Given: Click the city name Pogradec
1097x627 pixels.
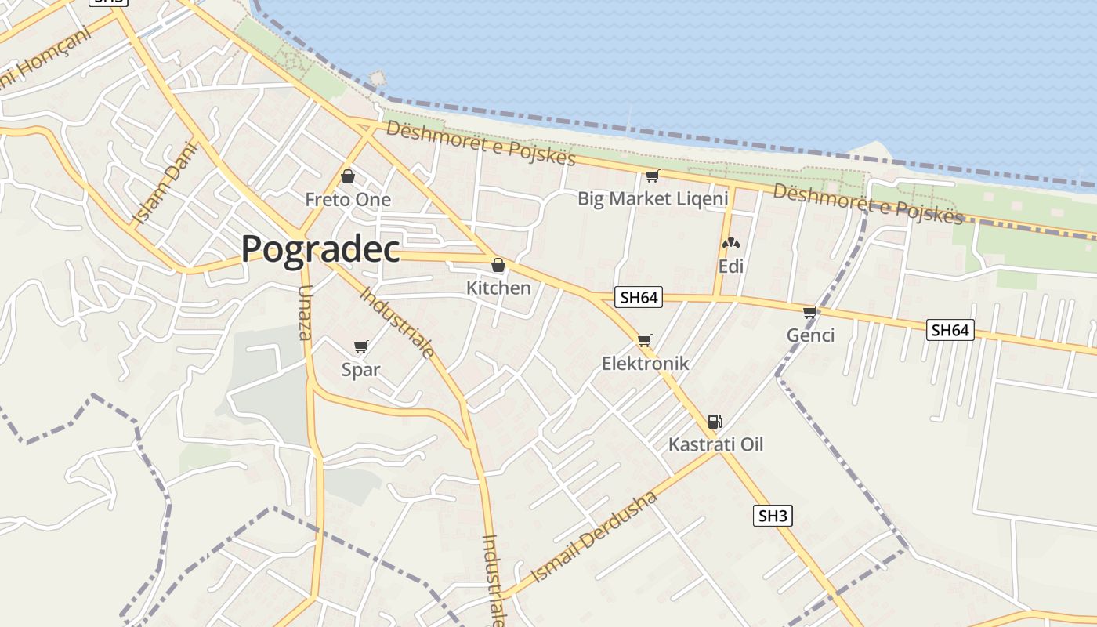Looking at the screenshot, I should click(320, 249).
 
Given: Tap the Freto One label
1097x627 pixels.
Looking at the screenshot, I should click(348, 200).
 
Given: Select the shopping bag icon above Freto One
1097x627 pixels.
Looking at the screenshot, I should click(348, 176).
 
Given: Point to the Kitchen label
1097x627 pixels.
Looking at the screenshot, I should click(498, 288).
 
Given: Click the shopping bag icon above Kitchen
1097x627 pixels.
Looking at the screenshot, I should click(498, 265).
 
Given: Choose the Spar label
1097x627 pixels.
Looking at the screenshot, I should click(361, 370).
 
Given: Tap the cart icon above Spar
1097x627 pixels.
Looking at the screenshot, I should click(361, 346).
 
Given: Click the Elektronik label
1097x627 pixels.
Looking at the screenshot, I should click(645, 363).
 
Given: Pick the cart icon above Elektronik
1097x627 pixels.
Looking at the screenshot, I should click(644, 340).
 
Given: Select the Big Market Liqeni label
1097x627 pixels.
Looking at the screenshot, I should click(653, 198).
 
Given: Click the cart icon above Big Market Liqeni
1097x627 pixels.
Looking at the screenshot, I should click(652, 176).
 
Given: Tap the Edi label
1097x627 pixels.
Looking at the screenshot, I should click(731, 266).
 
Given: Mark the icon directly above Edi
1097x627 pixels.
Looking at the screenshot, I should click(731, 243).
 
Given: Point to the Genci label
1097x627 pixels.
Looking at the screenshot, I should click(811, 335).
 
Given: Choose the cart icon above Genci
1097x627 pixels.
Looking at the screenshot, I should click(810, 312).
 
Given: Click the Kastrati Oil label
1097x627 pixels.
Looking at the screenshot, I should click(715, 444).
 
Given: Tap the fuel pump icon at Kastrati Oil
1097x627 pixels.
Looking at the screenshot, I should click(715, 422).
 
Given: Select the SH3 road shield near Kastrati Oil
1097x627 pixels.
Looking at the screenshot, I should click(773, 516).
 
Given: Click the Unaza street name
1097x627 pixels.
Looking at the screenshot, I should click(305, 312).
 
